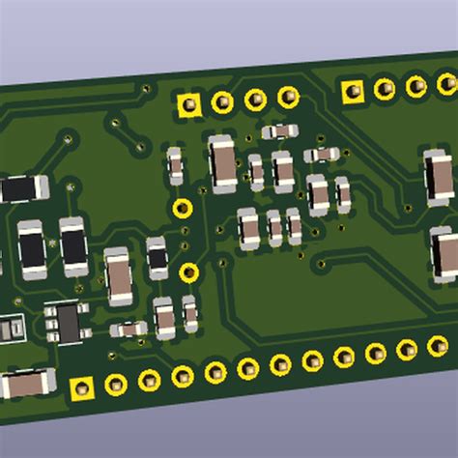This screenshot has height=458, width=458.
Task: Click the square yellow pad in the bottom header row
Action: click(x=82, y=388)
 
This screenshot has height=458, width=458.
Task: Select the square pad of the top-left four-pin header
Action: click(x=189, y=104)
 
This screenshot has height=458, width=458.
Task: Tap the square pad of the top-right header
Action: click(x=353, y=91)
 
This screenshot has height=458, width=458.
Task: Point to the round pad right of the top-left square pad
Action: click(x=222, y=101)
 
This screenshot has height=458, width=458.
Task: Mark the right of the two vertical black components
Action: click(x=73, y=244)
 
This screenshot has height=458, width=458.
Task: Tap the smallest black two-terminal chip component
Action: click(x=157, y=257)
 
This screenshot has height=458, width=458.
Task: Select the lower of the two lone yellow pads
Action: click(x=188, y=272)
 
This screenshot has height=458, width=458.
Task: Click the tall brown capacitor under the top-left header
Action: click(x=222, y=161)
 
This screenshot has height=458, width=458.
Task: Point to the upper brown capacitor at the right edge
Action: click(x=438, y=177)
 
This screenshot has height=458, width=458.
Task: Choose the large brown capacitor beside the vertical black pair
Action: click(x=119, y=275)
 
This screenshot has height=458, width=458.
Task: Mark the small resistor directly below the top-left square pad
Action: click(x=175, y=165)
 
